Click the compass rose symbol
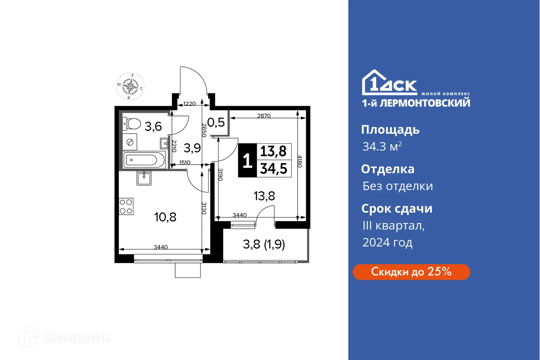130,86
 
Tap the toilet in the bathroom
131,124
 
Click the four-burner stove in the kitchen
126,207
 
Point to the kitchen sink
144,178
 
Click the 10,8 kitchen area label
166,217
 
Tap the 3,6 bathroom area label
153,127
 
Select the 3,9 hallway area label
192,148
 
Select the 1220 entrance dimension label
189,104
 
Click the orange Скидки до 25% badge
411,272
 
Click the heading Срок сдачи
397,209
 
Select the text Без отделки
397,186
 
